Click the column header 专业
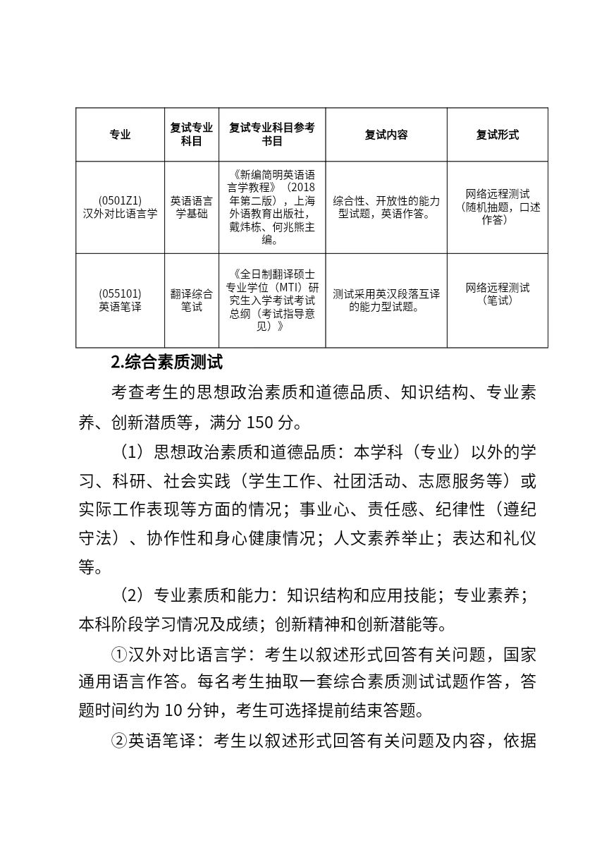tap(120, 135)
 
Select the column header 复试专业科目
tap(192, 135)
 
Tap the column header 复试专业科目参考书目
tap(272, 135)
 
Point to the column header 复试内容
tap(386, 135)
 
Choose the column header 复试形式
tap(497, 135)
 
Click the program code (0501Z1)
tap(120, 200)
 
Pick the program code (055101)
tap(120, 293)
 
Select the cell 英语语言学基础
tap(192, 207)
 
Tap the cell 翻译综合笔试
tap(192, 301)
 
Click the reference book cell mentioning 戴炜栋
tap(272, 207)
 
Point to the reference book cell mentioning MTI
tap(272, 300)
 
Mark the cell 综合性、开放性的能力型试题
tap(386, 207)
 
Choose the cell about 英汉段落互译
tap(386, 300)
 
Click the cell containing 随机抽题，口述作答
tap(497, 207)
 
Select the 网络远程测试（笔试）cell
tap(497, 293)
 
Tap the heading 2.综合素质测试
tap(167, 363)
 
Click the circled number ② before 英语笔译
tap(118, 741)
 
